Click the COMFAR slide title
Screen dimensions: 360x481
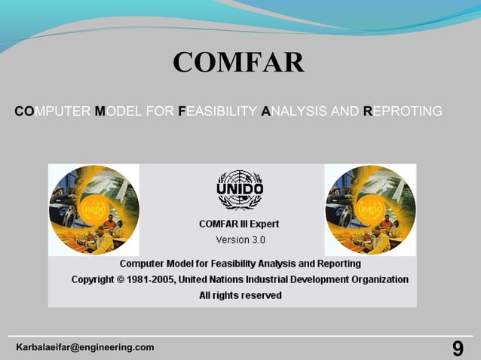[x=238, y=63]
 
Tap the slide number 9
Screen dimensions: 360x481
[x=458, y=348]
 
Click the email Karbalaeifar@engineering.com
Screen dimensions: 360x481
[x=85, y=347]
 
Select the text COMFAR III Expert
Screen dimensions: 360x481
[x=239, y=224]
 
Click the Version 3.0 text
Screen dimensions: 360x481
[x=240, y=240]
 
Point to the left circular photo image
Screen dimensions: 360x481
[x=93, y=209]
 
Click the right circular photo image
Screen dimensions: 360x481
[x=370, y=209]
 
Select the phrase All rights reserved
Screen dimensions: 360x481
[x=240, y=296]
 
